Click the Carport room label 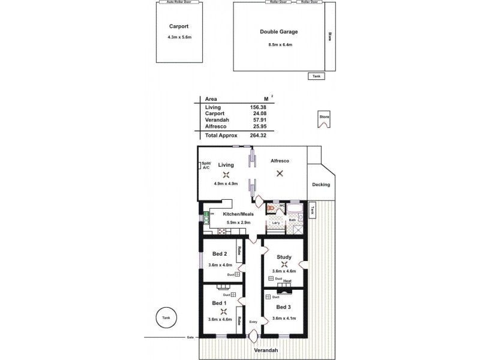(179, 26)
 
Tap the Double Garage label (279, 32)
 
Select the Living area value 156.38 (258, 107)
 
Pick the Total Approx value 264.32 (257, 136)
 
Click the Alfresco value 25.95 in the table (259, 126)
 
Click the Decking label (322, 185)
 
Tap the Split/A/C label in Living (206, 166)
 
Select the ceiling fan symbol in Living (226, 175)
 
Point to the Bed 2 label (219, 254)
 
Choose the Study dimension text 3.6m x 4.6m (284, 271)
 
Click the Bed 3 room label (284, 307)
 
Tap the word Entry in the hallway (253, 322)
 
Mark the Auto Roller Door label (178, 2)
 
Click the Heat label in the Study (287, 281)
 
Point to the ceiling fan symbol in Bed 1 (223, 311)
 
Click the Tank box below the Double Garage (316, 76)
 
